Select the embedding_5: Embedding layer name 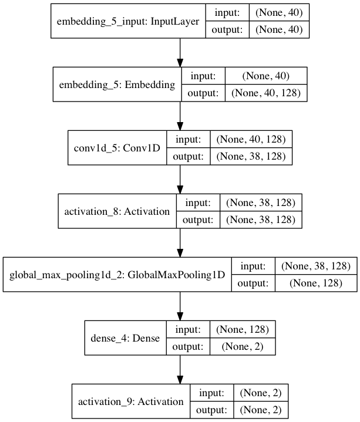117,85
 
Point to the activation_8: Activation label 117,211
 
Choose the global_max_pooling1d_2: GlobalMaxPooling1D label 117,274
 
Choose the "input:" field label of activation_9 211,393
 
